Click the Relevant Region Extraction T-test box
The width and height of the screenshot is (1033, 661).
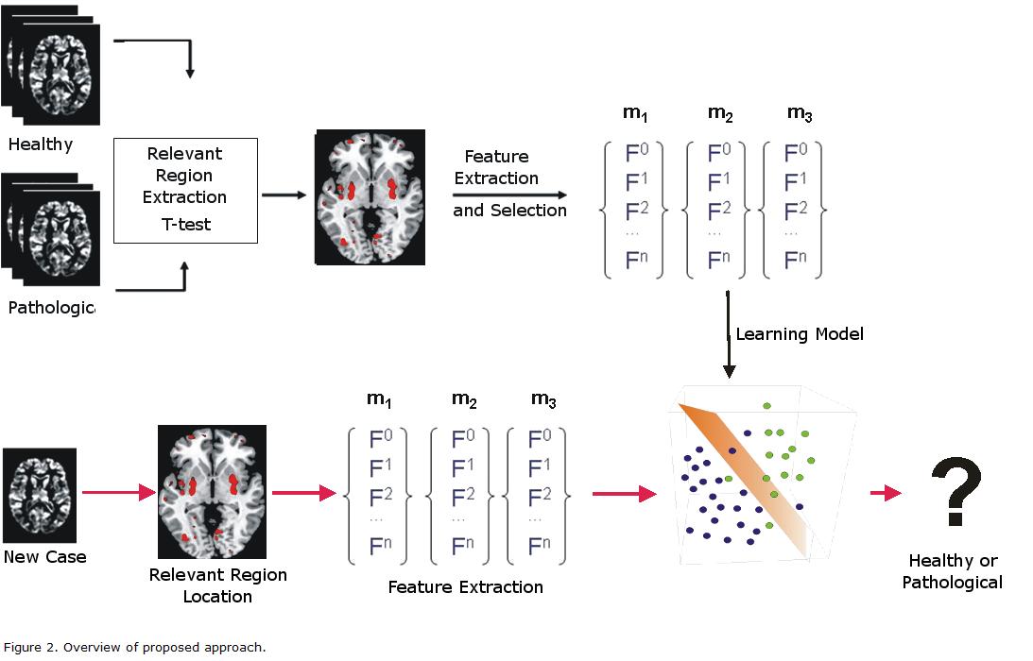point(185,190)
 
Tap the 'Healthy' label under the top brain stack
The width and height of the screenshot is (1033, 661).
point(40,144)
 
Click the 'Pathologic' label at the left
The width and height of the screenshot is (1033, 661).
point(52,307)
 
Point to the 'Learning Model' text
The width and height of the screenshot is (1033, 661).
point(800,333)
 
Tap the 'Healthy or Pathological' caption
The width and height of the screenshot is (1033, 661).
point(953,571)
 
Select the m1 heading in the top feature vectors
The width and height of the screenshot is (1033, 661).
point(634,113)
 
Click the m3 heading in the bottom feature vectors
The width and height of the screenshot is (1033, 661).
point(542,398)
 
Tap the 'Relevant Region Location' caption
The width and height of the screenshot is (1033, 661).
point(218,585)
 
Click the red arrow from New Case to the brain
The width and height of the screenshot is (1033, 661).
point(118,492)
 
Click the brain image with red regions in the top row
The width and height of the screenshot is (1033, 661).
point(370,195)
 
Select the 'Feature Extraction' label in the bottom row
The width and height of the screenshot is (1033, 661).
point(466,586)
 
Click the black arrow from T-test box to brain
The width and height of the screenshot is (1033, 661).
point(284,195)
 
